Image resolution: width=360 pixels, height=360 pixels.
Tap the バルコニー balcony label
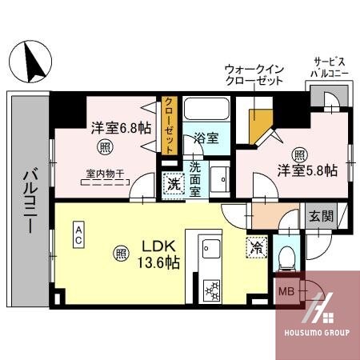tap(29, 199)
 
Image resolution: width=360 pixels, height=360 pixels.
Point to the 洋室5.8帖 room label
tap(307, 170)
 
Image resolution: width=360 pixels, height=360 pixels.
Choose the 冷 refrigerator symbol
tap(256, 249)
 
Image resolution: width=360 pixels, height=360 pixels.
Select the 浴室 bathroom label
tap(206, 138)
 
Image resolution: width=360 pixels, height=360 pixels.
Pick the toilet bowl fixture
tap(286, 257)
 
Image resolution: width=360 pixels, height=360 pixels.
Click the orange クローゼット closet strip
tap(170, 124)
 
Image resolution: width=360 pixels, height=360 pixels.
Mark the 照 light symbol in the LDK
tap(120, 254)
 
